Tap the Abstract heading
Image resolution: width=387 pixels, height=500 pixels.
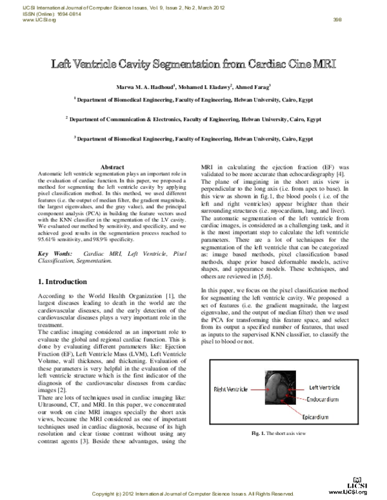(113, 167)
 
